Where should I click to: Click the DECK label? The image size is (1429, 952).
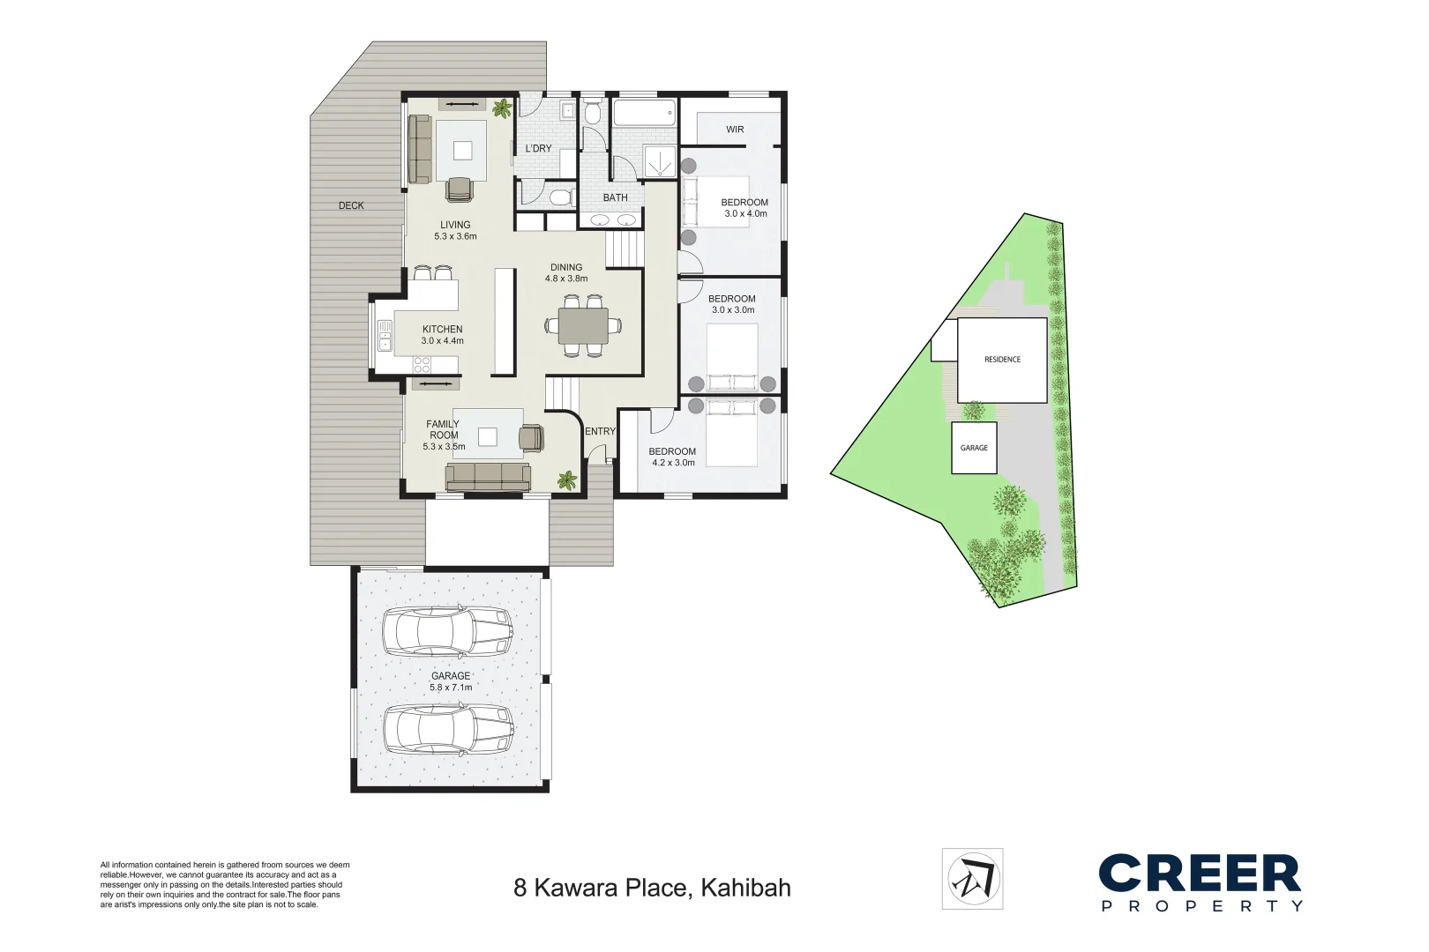point(351,205)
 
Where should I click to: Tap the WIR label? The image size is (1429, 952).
point(735,130)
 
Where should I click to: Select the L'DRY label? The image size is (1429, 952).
point(538,148)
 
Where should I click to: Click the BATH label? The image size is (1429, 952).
point(615,197)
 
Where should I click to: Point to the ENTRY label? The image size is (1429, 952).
point(600,431)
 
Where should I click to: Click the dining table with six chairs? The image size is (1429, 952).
point(583,325)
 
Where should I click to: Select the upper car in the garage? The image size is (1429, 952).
point(447,630)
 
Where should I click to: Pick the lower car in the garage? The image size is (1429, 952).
point(447,728)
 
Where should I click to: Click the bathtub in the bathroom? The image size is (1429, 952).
point(644,114)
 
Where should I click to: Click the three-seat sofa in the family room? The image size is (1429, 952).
point(488,477)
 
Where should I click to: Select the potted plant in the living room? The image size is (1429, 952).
point(502,109)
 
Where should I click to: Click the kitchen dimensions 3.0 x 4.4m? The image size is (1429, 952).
point(442,341)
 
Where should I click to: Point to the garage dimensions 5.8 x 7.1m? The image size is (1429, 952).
point(451,688)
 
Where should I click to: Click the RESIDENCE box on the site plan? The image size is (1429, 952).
point(1002,360)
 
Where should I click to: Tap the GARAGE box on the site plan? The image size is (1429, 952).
point(974,448)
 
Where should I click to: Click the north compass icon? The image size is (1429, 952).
point(972,878)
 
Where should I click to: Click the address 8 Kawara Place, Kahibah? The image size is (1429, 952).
point(652,888)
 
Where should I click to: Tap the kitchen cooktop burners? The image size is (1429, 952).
point(422,362)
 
